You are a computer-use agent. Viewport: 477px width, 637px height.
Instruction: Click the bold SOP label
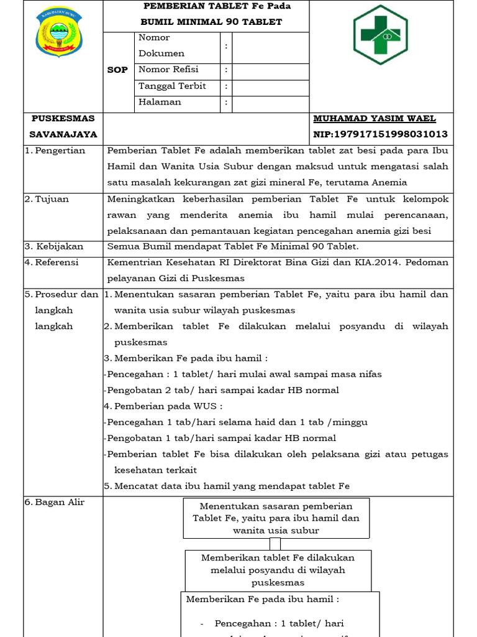point(117,70)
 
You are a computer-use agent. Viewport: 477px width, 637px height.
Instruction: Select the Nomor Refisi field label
point(168,70)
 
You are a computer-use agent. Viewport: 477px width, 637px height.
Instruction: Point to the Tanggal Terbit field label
point(172,86)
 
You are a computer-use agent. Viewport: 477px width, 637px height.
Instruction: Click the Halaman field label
point(160,102)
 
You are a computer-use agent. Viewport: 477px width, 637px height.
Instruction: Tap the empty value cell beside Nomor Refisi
point(270,70)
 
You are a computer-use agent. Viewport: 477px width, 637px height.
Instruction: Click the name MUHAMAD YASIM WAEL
point(375,118)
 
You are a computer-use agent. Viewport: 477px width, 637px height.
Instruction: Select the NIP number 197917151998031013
point(381,134)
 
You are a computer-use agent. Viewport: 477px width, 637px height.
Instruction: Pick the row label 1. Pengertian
point(55,151)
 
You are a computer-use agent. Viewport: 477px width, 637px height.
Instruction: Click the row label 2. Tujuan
point(47,199)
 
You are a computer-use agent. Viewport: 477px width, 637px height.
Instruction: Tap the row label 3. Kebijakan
point(53,246)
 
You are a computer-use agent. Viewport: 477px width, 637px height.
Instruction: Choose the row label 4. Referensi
point(53,263)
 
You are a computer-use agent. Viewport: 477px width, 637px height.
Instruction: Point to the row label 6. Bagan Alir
point(55,502)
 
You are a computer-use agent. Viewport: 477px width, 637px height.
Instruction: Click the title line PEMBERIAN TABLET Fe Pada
point(217,6)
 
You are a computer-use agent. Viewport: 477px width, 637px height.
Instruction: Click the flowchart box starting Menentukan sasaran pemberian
point(276,518)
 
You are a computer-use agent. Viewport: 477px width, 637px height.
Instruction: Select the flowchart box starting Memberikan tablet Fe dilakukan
point(278,570)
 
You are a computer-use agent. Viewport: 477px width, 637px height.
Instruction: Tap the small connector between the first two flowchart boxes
point(275,544)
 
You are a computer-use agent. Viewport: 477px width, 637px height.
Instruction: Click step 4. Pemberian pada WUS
point(163,406)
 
